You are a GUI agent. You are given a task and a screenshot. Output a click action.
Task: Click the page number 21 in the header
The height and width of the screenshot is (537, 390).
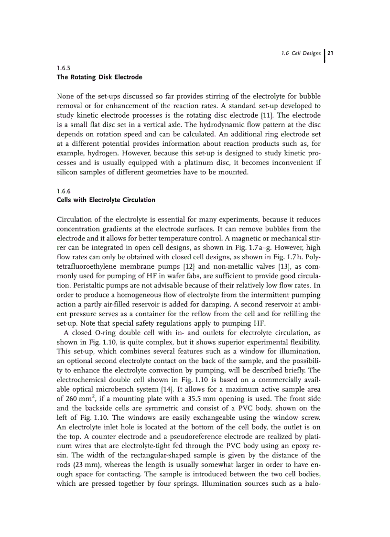click(x=330, y=53)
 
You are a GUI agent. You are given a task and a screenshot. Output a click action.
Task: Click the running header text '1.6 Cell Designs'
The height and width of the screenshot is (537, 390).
click(x=301, y=53)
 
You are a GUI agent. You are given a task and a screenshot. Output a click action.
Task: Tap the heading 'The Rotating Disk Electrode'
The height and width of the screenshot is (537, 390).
click(x=99, y=77)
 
